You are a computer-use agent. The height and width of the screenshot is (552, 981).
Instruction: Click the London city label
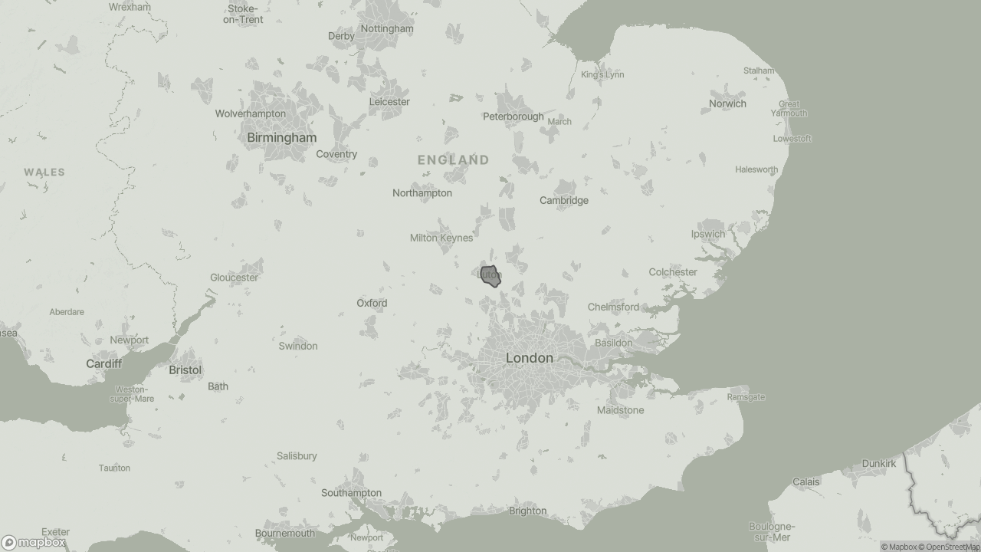coord(529,358)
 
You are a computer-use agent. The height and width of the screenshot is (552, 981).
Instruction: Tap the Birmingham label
coord(281,138)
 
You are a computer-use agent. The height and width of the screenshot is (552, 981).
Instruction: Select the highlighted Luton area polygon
coord(490,276)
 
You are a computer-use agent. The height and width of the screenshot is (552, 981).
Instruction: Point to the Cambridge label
coord(563,201)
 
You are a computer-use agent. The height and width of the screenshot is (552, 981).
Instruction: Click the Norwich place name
coord(727,103)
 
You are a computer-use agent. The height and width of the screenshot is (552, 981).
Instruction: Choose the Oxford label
coord(372,304)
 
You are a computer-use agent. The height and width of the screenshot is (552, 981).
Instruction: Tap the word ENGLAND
coord(453,160)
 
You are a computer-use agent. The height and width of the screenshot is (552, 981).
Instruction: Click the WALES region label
coord(44,172)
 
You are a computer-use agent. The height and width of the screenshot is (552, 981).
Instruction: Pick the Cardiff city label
coord(103,363)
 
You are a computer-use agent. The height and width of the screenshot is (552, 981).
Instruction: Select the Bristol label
coord(185,370)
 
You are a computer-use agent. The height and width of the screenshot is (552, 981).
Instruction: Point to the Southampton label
coord(351,493)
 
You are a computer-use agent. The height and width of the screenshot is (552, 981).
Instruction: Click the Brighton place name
coord(527,511)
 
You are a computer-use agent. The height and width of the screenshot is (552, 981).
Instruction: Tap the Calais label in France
coord(805,482)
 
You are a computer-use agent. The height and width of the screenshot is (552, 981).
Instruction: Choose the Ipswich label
coord(707,235)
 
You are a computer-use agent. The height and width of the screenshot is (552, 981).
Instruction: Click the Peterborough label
coord(513,117)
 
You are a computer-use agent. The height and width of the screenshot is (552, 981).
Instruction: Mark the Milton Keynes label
coord(441,238)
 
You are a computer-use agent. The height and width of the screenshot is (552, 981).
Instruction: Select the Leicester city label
coord(389,102)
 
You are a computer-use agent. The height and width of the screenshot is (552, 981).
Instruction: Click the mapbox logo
coord(34,543)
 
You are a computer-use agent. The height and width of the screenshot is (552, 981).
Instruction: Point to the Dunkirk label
coord(878,464)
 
